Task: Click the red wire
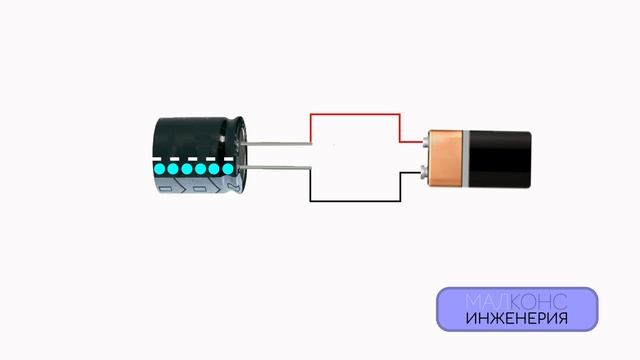355,114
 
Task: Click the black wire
355,200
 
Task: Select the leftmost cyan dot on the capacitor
159,170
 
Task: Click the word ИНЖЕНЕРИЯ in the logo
516,320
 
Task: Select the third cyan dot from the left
186,170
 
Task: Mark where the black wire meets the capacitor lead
310,167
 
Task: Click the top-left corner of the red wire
310,114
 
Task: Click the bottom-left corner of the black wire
310,200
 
